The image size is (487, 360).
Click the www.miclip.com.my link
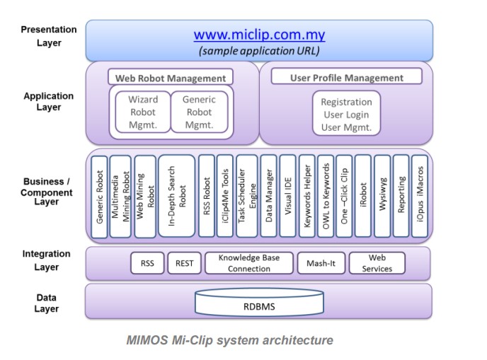click(x=259, y=35)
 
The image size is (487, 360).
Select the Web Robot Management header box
click(x=171, y=77)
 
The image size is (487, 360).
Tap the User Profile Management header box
click(x=347, y=76)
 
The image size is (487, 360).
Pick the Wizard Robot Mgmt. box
click(x=143, y=112)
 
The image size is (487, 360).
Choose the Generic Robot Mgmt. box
click(x=200, y=112)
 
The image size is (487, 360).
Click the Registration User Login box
click(x=346, y=113)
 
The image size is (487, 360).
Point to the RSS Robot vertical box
click(x=207, y=196)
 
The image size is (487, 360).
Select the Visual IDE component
click(x=287, y=196)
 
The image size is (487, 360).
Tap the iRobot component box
click(x=362, y=196)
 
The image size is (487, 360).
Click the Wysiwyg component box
click(x=382, y=196)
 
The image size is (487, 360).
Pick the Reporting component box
click(x=401, y=196)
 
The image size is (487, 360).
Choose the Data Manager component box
click(x=268, y=196)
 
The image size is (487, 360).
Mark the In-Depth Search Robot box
click(x=177, y=196)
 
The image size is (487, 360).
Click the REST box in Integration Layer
click(x=185, y=263)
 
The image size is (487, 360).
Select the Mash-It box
click(x=321, y=263)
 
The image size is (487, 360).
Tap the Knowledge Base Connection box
click(x=249, y=263)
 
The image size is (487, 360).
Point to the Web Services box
click(x=377, y=263)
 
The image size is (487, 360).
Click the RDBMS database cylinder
click(x=259, y=302)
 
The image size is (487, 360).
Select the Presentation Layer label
click(x=49, y=36)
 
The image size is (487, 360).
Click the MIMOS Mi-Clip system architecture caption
click(x=230, y=340)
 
